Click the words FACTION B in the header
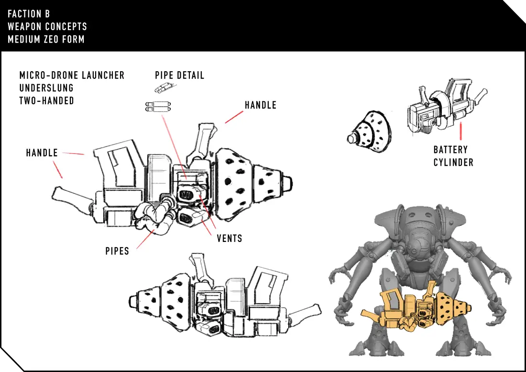point(29,14)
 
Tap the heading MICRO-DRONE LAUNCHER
point(72,75)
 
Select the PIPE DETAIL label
point(179,75)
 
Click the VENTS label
point(230,239)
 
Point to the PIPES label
point(117,251)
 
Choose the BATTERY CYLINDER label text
point(453,156)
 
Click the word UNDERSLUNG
point(46,88)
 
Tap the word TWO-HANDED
point(47,100)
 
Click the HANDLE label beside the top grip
point(260,105)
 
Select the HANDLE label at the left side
point(42,153)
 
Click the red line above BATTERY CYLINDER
point(461,131)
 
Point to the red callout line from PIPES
point(145,239)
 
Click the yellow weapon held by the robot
point(416,307)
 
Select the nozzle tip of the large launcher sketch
point(288,184)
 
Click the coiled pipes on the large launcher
point(153,215)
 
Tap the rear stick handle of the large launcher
point(72,196)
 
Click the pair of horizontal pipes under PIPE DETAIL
point(158,107)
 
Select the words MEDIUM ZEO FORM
point(46,39)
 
